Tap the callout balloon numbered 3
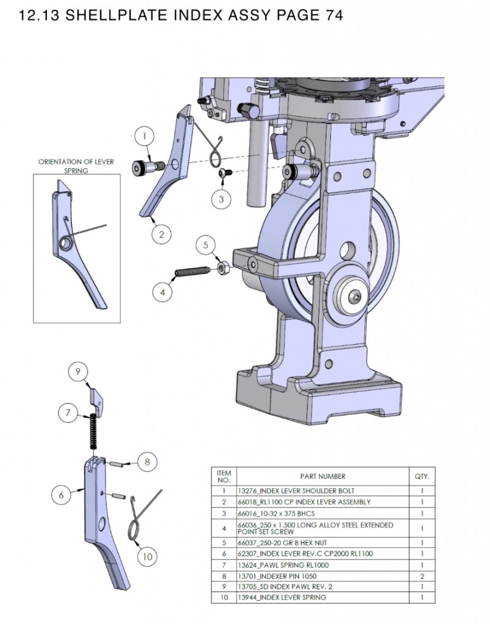221,198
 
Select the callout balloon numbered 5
206,245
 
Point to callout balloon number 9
78,371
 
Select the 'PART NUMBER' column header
322,477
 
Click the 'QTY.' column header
422,477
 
